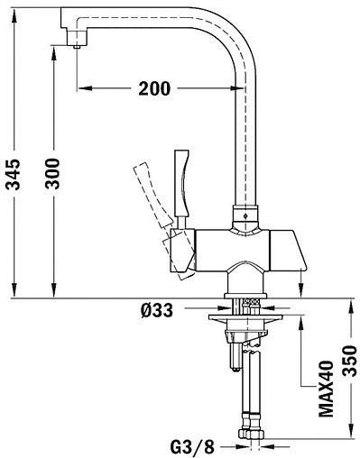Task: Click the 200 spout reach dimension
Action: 154,88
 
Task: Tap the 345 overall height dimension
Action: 14,174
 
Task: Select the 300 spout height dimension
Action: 52,173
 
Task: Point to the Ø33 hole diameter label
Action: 157,310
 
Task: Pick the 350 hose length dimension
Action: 350,361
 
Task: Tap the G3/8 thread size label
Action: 192,446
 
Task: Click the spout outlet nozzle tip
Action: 78,47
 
